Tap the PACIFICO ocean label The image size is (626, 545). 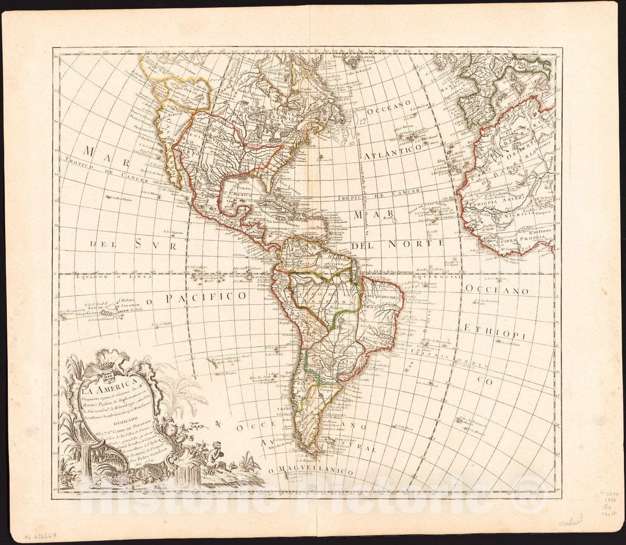click(206, 297)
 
